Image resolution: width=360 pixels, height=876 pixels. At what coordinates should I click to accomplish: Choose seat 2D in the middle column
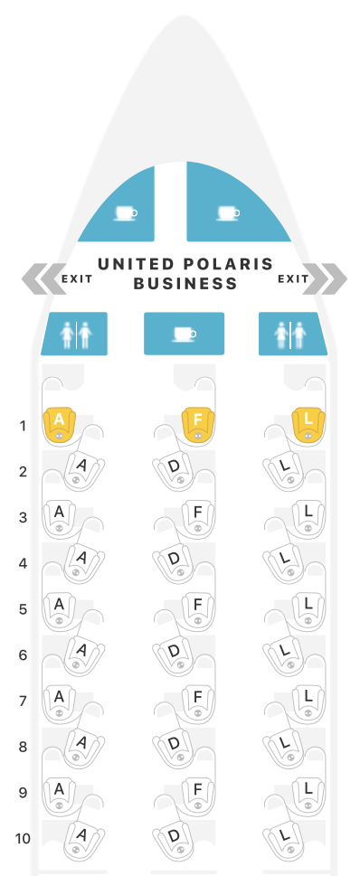point(175,467)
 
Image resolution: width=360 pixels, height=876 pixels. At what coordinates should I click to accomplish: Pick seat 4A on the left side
point(81,560)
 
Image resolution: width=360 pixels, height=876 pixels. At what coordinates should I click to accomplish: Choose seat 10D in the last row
point(175,836)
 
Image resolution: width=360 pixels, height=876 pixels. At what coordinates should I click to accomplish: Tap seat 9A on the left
point(60,789)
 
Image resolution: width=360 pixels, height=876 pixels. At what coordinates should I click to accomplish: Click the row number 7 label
point(22,701)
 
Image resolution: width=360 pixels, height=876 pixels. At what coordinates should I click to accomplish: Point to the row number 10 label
point(22,838)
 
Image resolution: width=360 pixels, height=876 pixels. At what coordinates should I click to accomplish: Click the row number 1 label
point(22,424)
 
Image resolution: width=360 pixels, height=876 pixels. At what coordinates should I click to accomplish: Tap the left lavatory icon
point(74,334)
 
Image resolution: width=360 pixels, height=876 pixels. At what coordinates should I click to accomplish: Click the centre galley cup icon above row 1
point(184,334)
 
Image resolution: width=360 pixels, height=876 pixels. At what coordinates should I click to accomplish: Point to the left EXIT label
point(77,278)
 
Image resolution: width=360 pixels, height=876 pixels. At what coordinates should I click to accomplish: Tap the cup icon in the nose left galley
point(124,214)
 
